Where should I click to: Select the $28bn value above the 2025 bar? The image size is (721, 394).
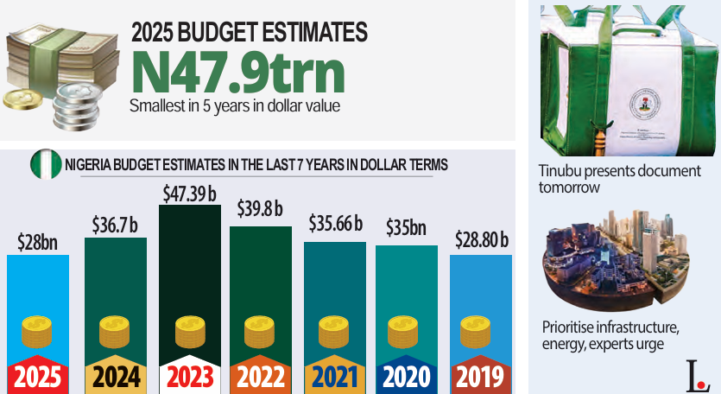37,243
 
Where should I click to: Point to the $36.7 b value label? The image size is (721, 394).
116,226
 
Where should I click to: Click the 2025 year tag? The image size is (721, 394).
37,377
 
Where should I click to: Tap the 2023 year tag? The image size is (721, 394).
189,377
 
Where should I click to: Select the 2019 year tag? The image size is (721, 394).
480,377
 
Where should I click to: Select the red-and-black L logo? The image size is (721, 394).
695,372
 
